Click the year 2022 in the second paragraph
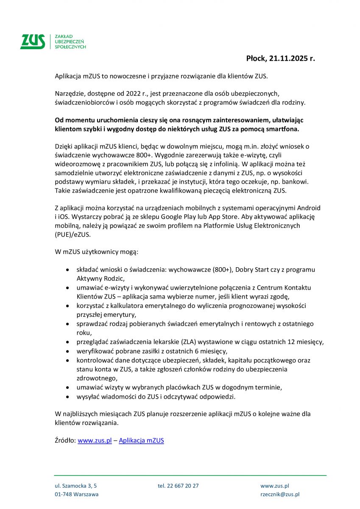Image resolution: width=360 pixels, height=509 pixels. pos(121,93)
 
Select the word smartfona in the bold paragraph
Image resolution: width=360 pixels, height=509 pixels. pos(282,129)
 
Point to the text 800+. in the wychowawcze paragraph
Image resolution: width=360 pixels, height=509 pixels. pos(147,155)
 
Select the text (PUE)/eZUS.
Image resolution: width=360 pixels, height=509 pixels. pos(73,235)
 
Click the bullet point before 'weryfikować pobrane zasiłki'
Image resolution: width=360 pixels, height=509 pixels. pos(68,351)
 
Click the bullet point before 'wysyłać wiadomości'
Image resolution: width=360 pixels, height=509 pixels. pos(68,397)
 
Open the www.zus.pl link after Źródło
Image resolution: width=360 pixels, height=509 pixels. pos(95,441)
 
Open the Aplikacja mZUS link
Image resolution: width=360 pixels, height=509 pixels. pos(141,441)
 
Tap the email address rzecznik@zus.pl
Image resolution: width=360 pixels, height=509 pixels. pos(280,495)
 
